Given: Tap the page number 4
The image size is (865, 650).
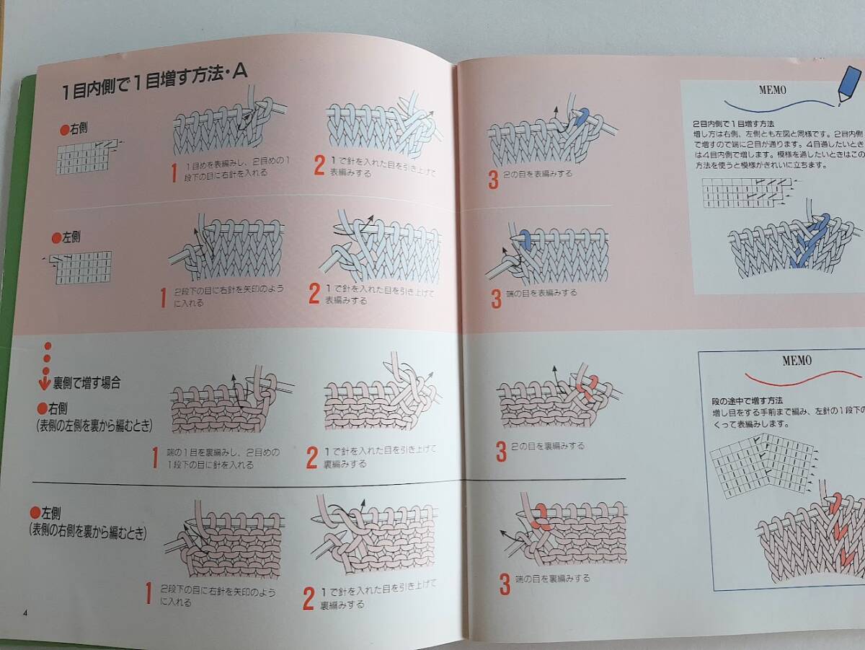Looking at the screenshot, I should click(x=25, y=613).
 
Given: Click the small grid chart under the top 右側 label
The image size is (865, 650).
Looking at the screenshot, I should click(x=84, y=157).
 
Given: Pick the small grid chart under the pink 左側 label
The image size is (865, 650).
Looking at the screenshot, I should click(x=81, y=267).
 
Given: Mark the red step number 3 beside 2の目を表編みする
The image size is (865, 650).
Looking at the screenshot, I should click(x=493, y=180).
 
